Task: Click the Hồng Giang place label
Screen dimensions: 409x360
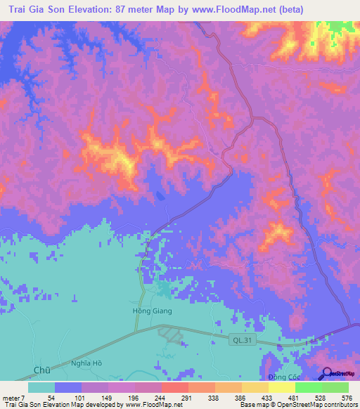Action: (x=153, y=310)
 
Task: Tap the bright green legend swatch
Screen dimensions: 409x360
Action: (x=308, y=387)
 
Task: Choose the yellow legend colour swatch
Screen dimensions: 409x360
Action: (x=281, y=387)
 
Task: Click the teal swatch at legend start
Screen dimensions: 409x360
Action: (x=41, y=387)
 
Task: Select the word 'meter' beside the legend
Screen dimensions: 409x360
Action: (x=12, y=397)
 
